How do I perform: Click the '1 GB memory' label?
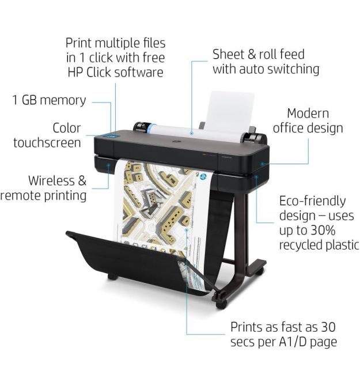49,100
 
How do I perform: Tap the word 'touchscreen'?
47,143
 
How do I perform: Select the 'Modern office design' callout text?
308,120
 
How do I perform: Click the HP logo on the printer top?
176,141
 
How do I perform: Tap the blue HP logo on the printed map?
203,176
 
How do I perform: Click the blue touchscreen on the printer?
111,135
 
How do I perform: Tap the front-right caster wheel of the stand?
221,305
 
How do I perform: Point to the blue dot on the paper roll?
191,133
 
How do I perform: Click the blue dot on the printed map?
187,230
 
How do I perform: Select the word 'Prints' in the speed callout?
247,327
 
